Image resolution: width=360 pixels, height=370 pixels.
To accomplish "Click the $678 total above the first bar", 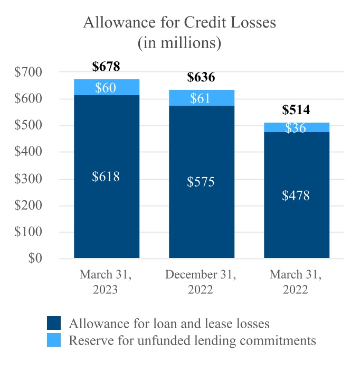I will (x=106, y=67).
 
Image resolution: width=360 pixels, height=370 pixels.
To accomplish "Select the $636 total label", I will (x=201, y=77).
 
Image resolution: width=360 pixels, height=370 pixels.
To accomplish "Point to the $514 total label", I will (x=296, y=110).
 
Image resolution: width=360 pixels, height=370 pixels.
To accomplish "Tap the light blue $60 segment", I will (x=106, y=88).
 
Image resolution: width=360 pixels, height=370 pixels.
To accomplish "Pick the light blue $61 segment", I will (x=201, y=98).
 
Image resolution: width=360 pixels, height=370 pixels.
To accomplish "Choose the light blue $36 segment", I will (x=296, y=128).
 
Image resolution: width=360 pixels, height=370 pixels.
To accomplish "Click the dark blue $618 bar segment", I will (x=106, y=177).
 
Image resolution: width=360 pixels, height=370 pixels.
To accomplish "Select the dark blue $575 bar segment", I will (x=201, y=182).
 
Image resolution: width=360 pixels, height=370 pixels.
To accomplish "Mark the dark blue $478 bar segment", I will (x=296, y=196).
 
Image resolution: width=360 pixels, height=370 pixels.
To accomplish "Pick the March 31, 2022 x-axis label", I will (x=296, y=282).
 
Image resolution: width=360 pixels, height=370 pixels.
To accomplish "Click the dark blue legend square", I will (x=54, y=323).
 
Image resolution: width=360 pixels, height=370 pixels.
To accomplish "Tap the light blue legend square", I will (x=54, y=339).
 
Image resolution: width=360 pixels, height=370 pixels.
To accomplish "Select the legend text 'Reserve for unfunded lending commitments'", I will (x=193, y=340).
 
